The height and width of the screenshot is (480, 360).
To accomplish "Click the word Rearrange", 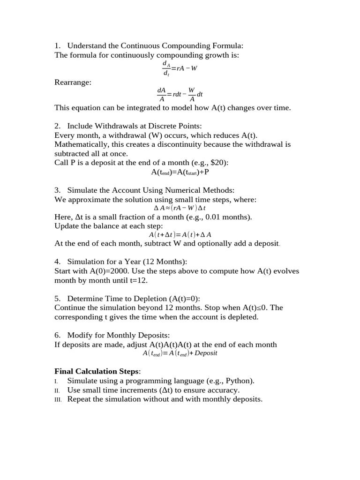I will click(73, 82).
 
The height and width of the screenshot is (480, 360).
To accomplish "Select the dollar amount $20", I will click(217, 163).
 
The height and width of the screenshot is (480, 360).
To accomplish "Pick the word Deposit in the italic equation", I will click(206, 353).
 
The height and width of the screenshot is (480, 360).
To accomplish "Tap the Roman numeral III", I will click(58, 399).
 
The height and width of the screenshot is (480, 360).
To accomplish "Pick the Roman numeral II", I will click(58, 390).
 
